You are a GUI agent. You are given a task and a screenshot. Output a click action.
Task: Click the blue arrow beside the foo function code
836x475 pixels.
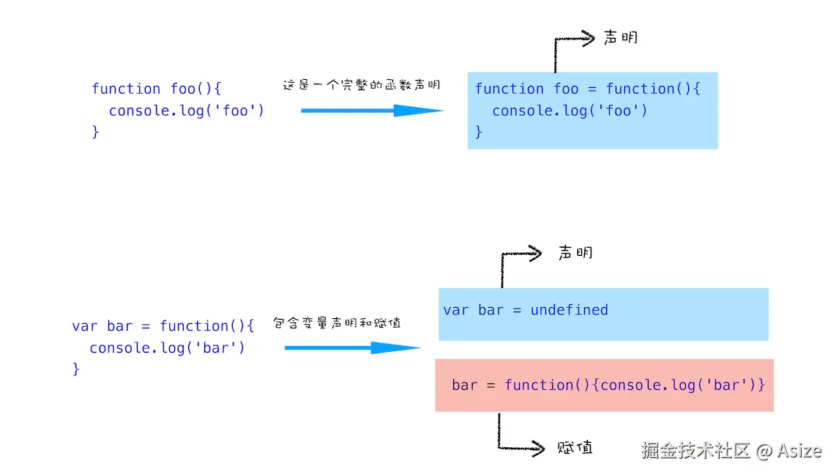(x=372, y=111)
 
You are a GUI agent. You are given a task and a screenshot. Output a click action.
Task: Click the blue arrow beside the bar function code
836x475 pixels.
(x=353, y=348)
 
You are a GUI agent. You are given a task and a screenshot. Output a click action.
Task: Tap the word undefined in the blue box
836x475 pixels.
(x=569, y=310)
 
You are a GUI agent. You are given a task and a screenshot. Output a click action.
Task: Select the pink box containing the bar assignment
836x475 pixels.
(x=604, y=386)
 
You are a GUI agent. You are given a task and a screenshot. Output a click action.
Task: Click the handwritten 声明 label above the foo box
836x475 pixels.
(x=621, y=37)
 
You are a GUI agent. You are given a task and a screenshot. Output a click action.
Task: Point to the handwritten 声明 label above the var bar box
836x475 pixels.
(x=575, y=252)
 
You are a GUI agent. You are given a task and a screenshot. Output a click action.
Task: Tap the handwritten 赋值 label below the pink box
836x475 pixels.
(x=575, y=447)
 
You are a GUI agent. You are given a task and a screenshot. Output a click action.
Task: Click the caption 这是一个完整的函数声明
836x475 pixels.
(x=362, y=85)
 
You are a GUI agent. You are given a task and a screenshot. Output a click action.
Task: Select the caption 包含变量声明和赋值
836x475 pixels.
(x=337, y=323)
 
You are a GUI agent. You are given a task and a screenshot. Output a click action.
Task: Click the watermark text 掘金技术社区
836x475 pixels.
(x=695, y=451)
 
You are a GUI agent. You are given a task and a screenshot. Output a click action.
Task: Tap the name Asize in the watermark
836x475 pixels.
(x=799, y=451)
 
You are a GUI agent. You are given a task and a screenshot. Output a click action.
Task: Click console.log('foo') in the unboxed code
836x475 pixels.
(x=187, y=111)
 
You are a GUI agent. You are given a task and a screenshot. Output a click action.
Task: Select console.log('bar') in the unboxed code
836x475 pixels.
(x=168, y=348)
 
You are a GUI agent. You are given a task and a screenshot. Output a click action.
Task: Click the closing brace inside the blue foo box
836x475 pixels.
(x=478, y=132)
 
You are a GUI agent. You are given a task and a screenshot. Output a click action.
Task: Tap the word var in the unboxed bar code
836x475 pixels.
(x=85, y=326)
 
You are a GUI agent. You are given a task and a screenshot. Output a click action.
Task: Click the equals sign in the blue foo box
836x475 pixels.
(x=591, y=89)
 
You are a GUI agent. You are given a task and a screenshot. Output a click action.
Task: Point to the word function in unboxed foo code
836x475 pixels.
(x=126, y=89)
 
